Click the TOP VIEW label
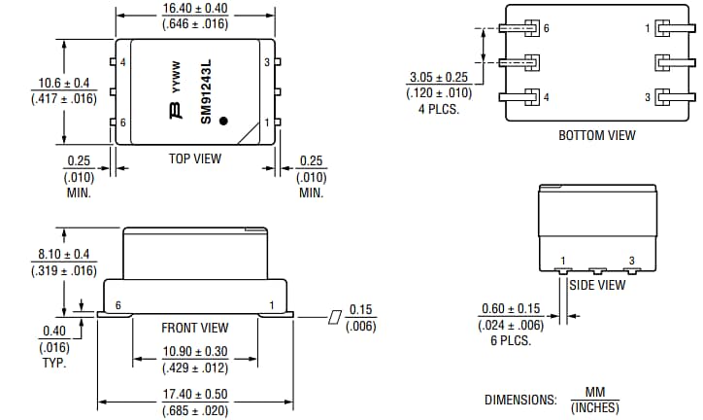194,158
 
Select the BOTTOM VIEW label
596,135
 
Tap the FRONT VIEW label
195,328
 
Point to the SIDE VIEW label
597,285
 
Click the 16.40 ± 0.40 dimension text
194,9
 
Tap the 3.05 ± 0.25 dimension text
440,77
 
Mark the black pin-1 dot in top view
224,122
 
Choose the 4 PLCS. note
440,109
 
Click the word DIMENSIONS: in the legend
520,400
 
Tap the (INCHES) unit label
594,407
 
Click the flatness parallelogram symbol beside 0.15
335,317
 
